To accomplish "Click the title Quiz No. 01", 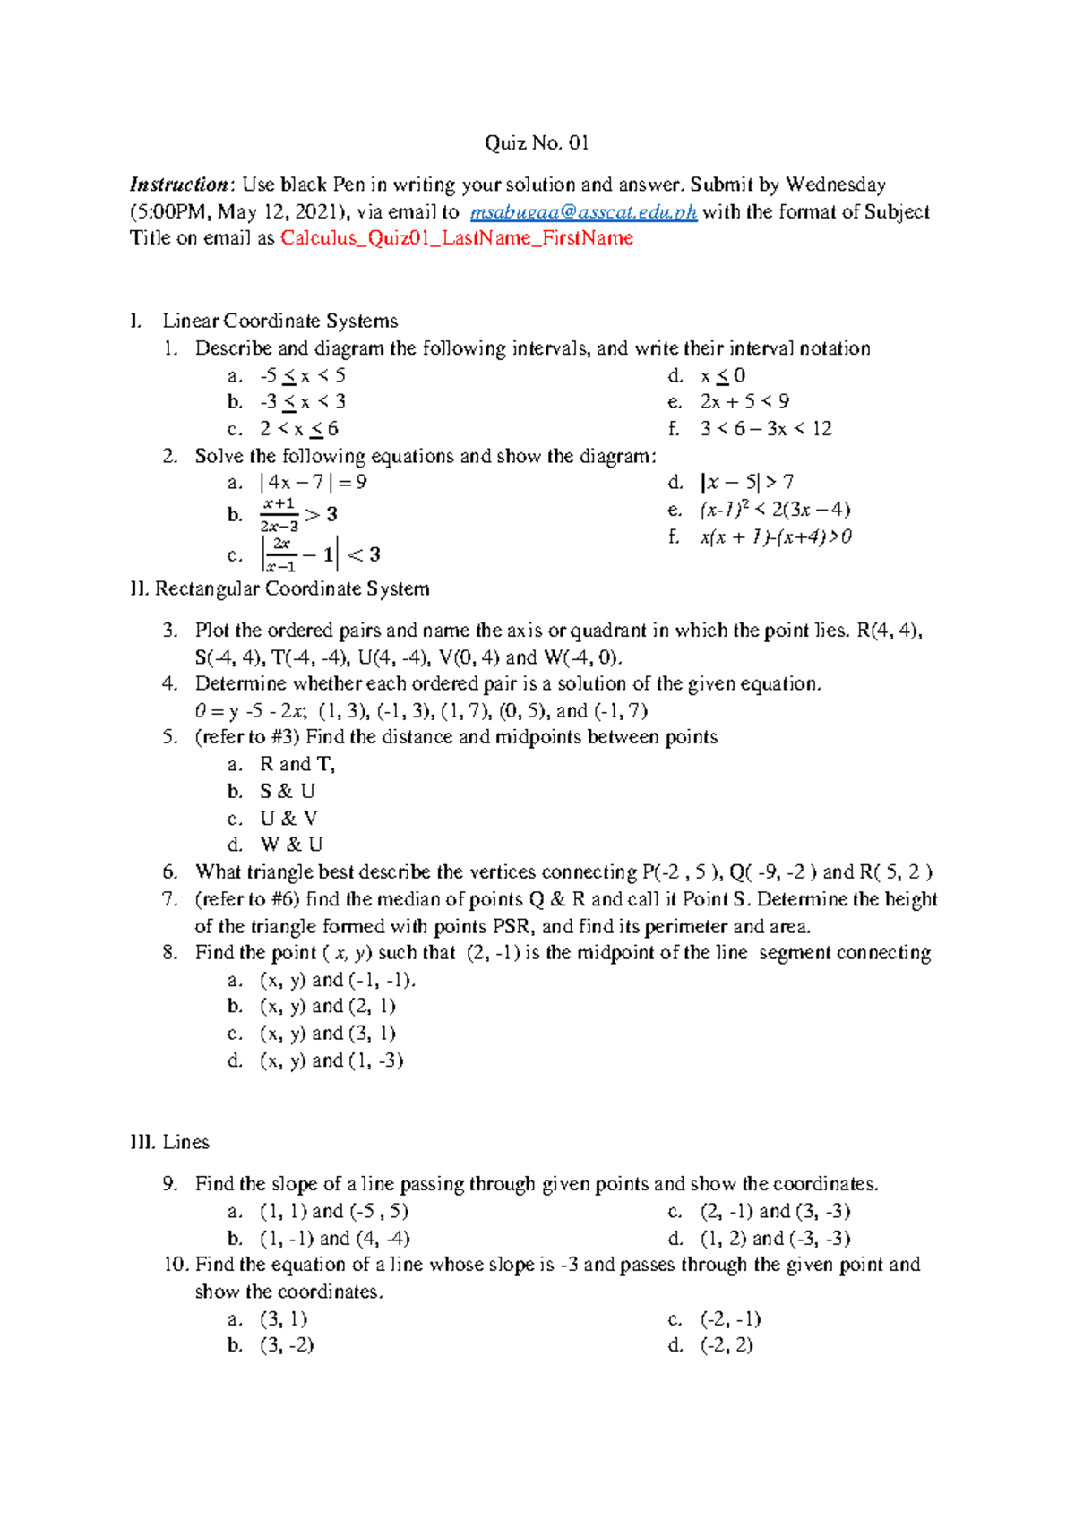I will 537,143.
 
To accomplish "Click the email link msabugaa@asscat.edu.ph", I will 583,212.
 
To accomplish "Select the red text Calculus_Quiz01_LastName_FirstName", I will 457,238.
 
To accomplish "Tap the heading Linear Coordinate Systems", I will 279,321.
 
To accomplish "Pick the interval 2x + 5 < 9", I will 744,401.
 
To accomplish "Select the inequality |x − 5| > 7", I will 747,483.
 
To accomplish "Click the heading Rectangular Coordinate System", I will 292,588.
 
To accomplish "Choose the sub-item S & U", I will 288,792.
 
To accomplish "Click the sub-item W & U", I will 291,845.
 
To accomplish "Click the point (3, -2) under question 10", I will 287,1345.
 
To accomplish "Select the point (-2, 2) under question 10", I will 727,1345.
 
